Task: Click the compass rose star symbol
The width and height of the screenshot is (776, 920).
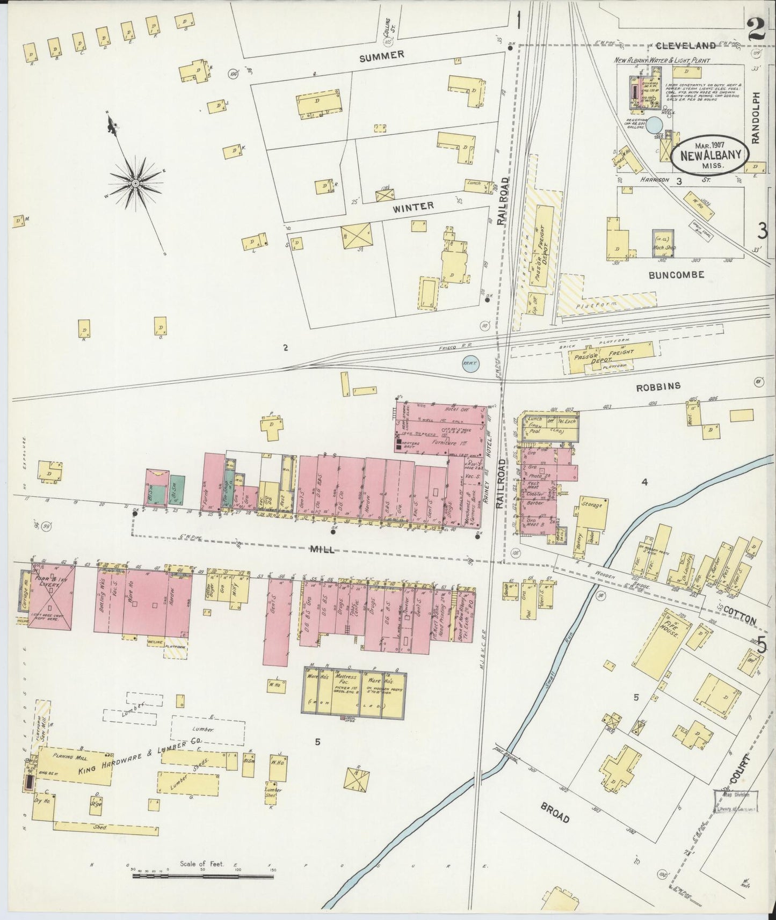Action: tap(135, 184)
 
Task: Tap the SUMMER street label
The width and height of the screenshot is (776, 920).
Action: tap(381, 56)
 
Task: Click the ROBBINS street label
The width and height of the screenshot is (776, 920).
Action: tap(658, 386)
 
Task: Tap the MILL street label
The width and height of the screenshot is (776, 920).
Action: tap(323, 549)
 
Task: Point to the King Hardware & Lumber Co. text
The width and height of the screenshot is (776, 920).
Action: tap(137, 764)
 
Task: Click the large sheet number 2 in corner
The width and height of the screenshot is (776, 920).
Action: tap(755, 28)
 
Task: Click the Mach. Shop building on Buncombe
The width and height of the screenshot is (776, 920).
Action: tap(663, 244)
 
